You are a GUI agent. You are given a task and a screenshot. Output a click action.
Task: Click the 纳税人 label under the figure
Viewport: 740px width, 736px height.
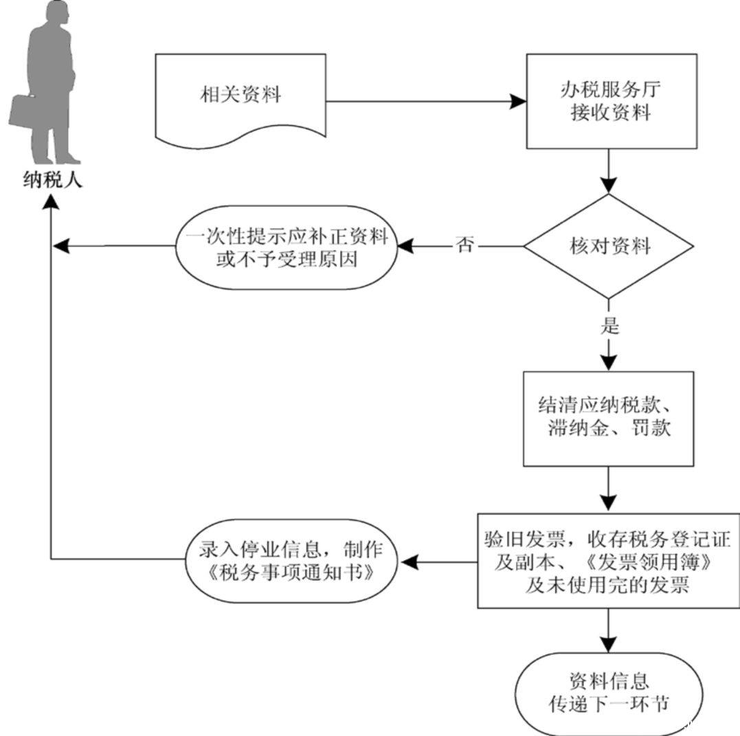coord(52,181)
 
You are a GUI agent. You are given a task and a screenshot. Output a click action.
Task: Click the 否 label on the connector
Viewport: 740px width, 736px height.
coord(465,245)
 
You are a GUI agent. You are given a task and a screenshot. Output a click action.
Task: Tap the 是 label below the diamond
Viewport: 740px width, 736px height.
coord(609,326)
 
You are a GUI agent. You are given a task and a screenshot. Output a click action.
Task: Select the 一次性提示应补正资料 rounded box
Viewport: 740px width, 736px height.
coord(285,246)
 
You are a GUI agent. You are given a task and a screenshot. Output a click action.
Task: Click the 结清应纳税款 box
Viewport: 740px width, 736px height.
coord(609,419)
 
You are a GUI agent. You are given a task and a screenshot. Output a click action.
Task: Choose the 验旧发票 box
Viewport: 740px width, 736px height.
coord(609,561)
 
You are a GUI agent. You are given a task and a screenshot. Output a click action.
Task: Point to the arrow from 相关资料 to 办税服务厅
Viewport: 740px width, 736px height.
coord(426,102)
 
